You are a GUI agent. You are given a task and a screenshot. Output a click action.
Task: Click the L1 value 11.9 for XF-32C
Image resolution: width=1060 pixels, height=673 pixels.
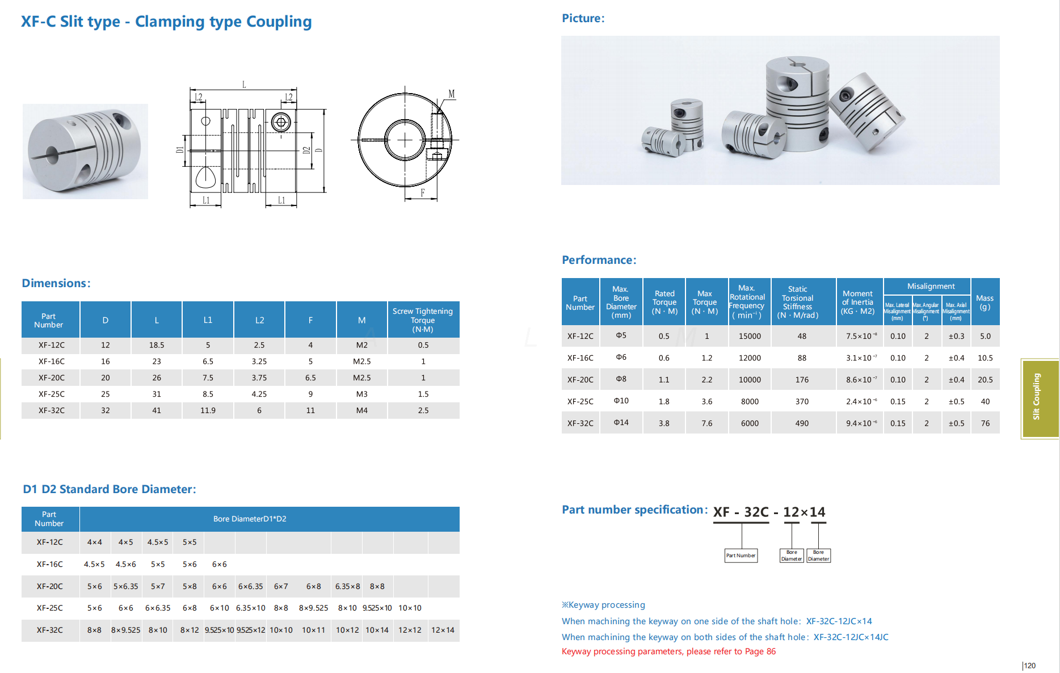point(208,410)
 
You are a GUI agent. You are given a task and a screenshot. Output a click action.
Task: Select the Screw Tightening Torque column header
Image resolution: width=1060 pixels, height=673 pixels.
point(423,320)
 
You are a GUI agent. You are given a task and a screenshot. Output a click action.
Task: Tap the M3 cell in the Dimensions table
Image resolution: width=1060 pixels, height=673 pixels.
point(361,394)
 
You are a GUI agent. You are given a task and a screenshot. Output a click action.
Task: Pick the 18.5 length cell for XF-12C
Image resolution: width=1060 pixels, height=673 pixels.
point(157,345)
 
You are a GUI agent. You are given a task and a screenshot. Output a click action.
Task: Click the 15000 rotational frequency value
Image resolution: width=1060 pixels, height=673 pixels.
point(750,336)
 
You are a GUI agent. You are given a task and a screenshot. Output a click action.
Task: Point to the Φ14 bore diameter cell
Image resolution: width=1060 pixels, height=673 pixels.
point(621,422)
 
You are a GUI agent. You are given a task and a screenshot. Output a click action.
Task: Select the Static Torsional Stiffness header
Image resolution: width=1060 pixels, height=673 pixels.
point(798,302)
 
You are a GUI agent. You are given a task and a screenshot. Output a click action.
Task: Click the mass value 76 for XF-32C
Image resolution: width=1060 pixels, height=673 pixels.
point(985,423)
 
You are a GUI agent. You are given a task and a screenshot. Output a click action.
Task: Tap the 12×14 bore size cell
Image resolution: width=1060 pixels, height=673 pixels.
point(443,630)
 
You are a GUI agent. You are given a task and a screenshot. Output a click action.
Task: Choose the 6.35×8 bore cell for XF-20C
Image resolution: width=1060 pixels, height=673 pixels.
point(347,586)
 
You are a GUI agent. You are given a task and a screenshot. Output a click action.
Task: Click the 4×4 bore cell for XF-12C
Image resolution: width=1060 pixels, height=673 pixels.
point(95,542)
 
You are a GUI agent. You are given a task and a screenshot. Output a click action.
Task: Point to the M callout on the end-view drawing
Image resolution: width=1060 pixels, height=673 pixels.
point(452,94)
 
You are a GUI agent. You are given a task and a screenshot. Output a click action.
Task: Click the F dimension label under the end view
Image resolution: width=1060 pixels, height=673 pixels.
point(423,193)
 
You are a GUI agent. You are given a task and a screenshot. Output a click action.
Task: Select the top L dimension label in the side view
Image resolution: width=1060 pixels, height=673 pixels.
point(244,85)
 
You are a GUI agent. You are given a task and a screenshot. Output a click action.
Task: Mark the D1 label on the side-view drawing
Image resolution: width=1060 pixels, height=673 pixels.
point(180,150)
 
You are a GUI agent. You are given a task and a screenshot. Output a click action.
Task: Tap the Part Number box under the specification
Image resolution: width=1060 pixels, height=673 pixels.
point(741,556)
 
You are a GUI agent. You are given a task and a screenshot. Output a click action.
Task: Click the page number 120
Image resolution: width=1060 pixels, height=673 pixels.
point(1030,666)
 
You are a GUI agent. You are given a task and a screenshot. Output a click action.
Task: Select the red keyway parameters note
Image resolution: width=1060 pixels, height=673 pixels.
point(668,651)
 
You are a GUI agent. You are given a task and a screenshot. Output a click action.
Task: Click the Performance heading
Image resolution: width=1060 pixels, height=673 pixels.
point(599,260)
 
